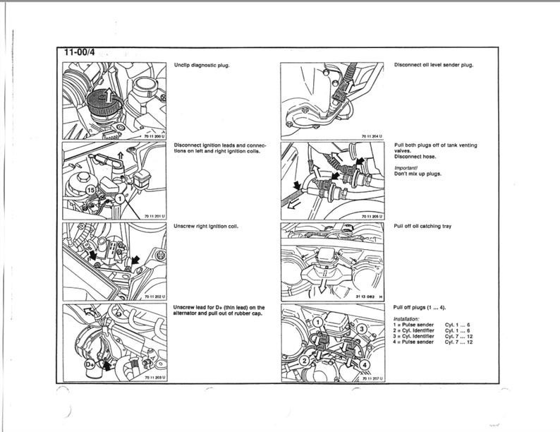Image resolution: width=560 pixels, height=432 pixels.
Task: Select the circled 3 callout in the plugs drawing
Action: pyautogui.click(x=362, y=329)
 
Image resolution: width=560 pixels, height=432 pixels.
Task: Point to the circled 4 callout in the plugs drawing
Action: pyautogui.click(x=365, y=364)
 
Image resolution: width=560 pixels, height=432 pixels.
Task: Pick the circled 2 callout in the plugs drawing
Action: pyautogui.click(x=305, y=361)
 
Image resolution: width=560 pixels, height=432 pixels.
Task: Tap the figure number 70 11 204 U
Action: pyautogui.click(x=372, y=136)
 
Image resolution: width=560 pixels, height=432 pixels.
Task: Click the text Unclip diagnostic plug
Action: pyautogui.click(x=202, y=65)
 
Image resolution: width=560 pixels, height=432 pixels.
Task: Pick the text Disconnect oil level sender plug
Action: pyautogui.click(x=433, y=65)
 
